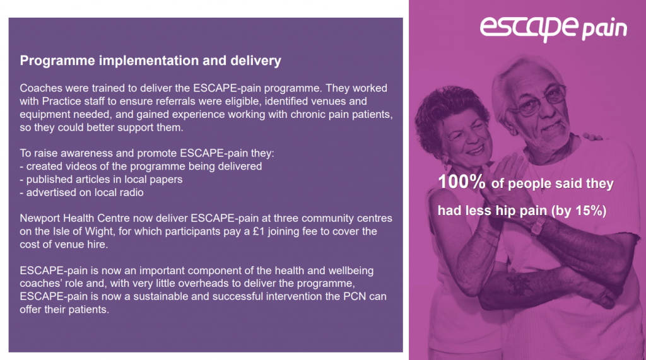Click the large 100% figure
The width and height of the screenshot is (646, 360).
(462, 183)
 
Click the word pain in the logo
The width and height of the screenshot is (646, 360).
(604, 29)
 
